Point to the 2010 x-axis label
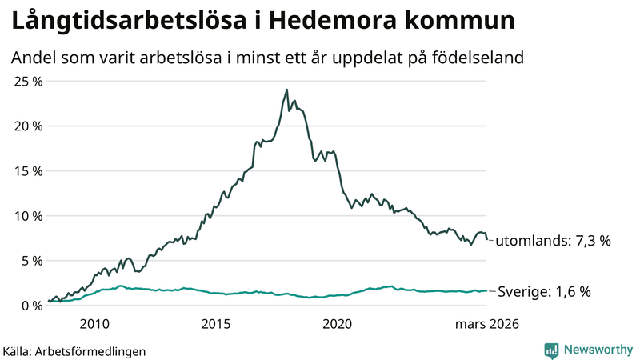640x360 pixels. click(x=94, y=324)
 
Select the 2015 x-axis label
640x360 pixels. click(x=216, y=324)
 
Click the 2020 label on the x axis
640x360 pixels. click(x=337, y=324)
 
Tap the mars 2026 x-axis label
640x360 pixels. click(x=487, y=324)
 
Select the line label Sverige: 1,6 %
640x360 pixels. click(x=544, y=292)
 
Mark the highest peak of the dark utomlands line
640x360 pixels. click(x=287, y=90)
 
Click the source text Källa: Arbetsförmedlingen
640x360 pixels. click(x=74, y=350)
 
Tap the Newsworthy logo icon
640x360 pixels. click(x=551, y=350)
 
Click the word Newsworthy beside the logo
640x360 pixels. click(x=598, y=350)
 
